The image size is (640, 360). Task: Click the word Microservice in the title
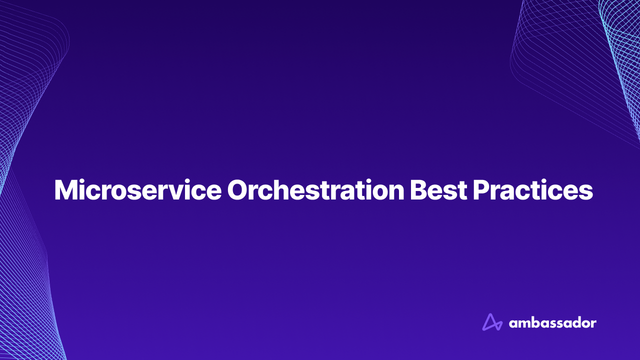tap(137, 190)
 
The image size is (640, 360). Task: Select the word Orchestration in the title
tap(315, 190)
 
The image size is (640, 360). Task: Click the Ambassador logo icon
tap(492, 322)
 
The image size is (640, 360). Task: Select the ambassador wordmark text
tap(552, 323)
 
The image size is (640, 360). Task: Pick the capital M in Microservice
tap(65, 190)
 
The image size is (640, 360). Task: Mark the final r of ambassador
tap(593, 324)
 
